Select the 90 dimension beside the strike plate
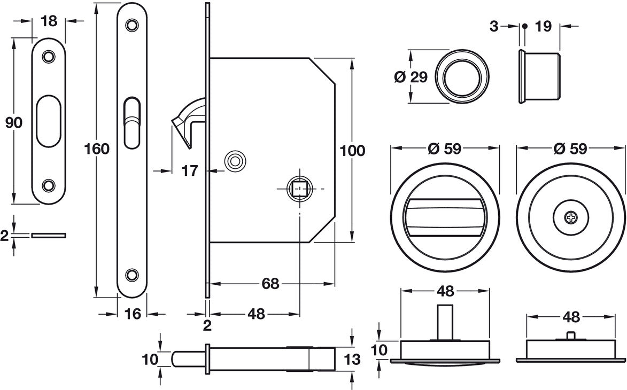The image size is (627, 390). click(13, 122)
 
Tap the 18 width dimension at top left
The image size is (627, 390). click(49, 21)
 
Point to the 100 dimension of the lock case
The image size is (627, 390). click(352, 151)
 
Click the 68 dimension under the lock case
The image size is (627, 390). click(271, 284)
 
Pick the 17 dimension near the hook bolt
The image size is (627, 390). click(189, 171)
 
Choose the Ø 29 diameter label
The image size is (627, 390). click(411, 77)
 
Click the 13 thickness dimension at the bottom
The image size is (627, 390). click(353, 360)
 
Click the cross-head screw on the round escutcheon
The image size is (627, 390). click(571, 217)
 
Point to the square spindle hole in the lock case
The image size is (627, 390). click(298, 189)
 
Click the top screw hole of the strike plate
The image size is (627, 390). click(49, 56)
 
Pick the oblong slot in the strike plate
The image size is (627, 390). click(49, 121)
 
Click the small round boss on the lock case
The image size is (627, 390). click(234, 160)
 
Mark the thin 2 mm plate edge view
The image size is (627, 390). click(49, 235)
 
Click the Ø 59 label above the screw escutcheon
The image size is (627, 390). click(571, 149)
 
